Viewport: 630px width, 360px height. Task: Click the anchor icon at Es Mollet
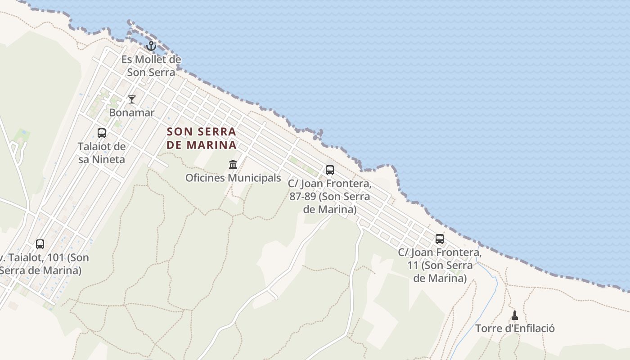click(x=151, y=46)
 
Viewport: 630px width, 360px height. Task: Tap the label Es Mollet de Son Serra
click(x=151, y=66)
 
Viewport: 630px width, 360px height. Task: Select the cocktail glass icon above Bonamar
click(x=132, y=99)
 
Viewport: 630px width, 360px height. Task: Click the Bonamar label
click(x=132, y=112)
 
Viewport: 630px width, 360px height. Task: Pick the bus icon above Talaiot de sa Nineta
click(x=102, y=133)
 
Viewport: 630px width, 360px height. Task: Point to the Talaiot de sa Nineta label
click(x=102, y=153)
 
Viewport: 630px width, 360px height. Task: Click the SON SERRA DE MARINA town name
click(x=202, y=138)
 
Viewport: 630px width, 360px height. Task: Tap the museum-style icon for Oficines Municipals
click(x=233, y=165)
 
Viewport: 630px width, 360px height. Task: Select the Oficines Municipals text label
click(x=233, y=178)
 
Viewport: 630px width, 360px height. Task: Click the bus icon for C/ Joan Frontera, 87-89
click(x=330, y=170)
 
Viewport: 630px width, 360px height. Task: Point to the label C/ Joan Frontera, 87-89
click(x=330, y=197)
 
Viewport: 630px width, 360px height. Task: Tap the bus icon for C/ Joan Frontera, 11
click(x=440, y=239)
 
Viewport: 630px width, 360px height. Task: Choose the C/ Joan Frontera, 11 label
click(x=440, y=265)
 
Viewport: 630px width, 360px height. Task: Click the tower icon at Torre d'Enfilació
click(x=515, y=315)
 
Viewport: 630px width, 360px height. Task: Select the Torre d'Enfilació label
click(x=515, y=328)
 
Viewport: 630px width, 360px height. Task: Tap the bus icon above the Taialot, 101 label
click(x=40, y=244)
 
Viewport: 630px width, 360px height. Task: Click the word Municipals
click(x=254, y=178)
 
